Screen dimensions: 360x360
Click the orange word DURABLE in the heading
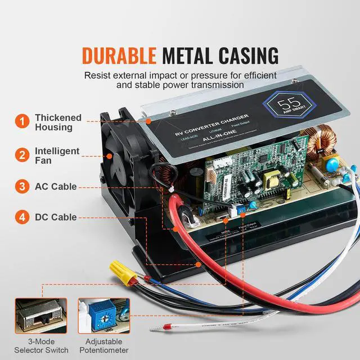coord(119,56)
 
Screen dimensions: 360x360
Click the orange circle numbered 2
coord(21,155)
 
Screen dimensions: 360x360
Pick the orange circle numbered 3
coord(21,186)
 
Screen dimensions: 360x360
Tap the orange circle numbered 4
coord(21,217)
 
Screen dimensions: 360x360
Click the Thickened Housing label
coord(58,123)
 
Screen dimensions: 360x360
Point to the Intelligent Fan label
coord(57,156)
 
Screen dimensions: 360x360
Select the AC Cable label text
coord(56,186)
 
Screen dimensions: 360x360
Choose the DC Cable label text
coord(56,217)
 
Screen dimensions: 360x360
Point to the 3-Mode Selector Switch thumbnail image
coord(40,318)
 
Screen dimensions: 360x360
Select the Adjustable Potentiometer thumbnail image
coord(103,318)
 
